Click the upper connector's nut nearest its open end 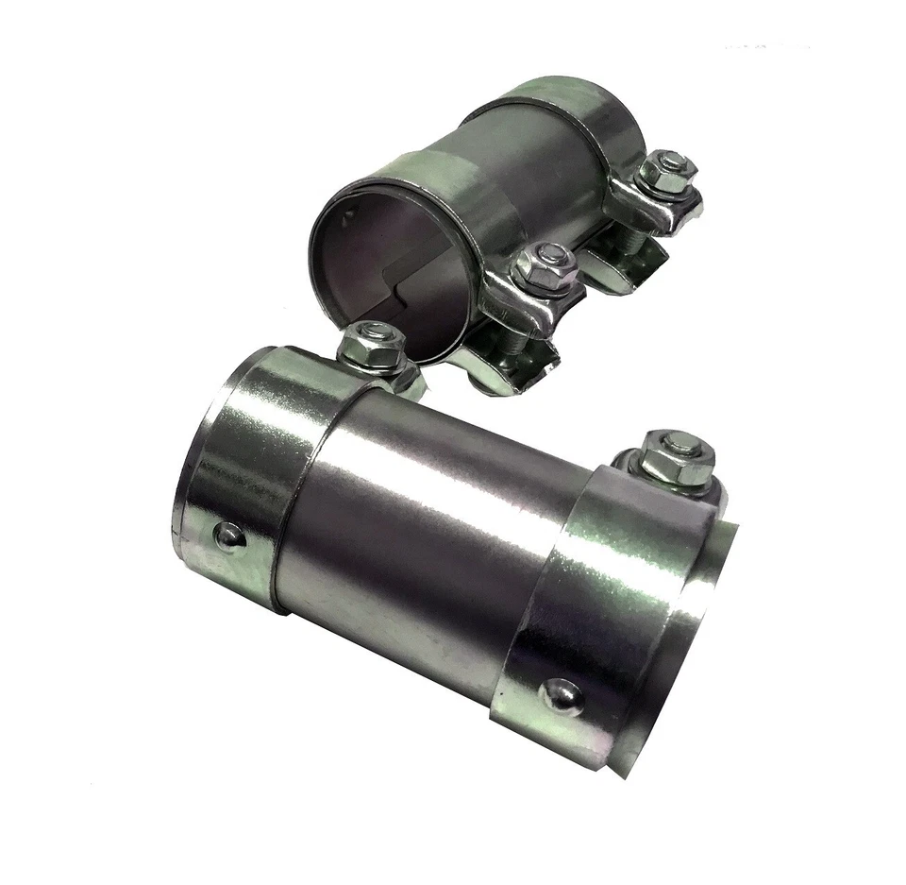tap(545, 267)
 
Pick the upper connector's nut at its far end tap(666, 173)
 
